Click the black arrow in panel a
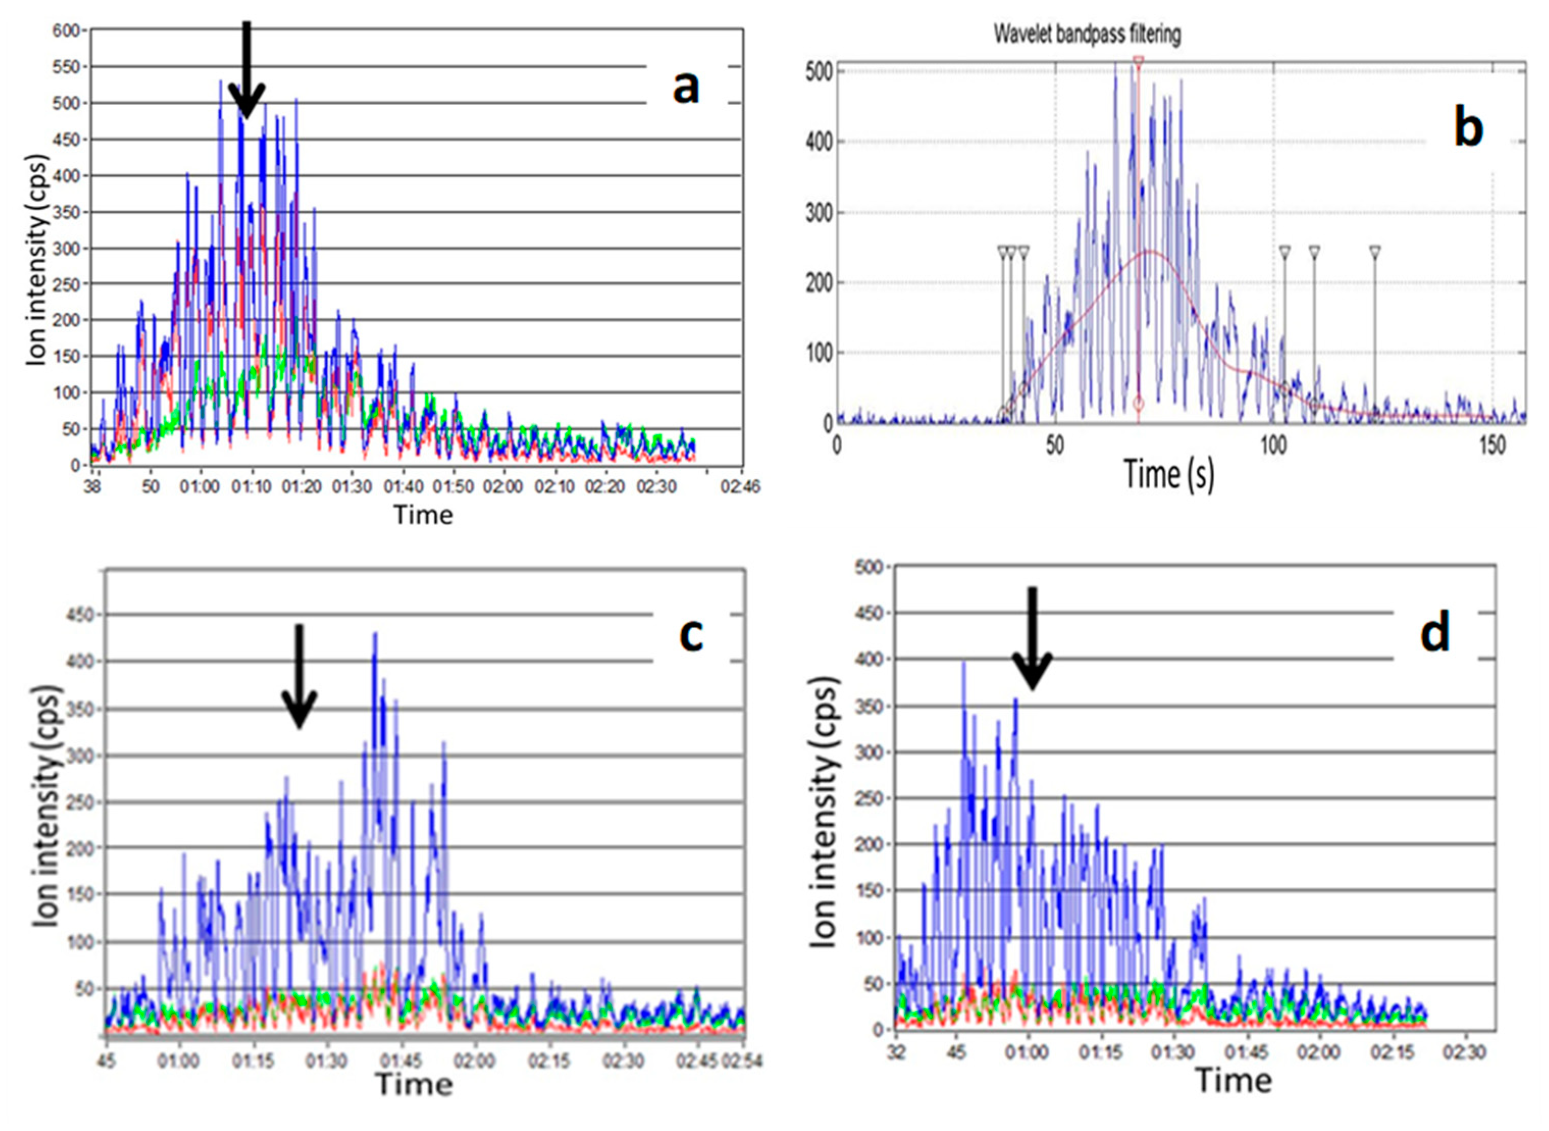coord(247,68)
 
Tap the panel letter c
coord(691,635)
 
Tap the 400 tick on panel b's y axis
coord(819,143)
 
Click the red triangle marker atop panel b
coord(1138,62)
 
